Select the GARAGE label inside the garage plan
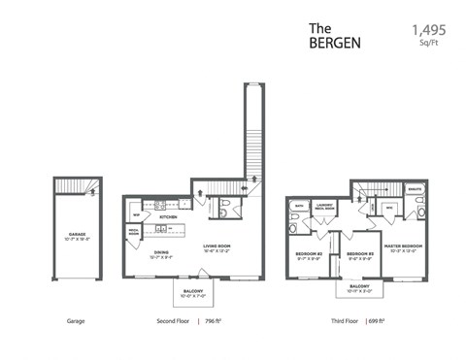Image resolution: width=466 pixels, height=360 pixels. pyautogui.click(x=77, y=234)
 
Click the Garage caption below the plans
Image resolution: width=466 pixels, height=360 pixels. pyautogui.click(x=77, y=319)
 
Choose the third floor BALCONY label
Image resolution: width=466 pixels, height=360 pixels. pyautogui.click(x=359, y=286)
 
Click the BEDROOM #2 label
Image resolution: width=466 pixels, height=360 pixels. pyautogui.click(x=309, y=253)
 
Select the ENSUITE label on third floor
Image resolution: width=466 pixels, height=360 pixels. pyautogui.click(x=415, y=191)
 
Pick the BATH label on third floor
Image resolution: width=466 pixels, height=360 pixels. pyautogui.click(x=301, y=206)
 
